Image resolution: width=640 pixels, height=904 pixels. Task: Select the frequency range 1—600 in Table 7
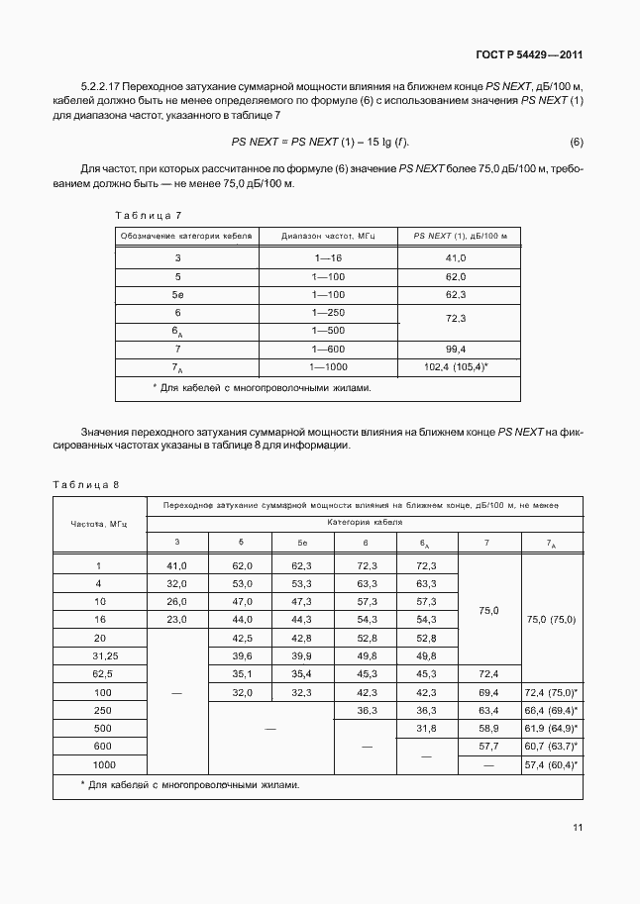coord(328,349)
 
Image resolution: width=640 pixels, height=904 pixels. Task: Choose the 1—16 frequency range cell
coord(328,257)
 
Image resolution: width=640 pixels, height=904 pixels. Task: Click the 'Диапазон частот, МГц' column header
coord(328,236)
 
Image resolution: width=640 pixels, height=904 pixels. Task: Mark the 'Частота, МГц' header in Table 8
coord(99,523)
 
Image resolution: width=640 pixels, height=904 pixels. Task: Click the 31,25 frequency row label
coord(99,655)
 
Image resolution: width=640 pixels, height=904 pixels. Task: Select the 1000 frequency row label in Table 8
coord(99,765)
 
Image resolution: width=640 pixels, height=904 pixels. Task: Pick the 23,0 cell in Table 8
coord(177,619)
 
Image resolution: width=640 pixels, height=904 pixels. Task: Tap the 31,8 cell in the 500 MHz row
coord(427,729)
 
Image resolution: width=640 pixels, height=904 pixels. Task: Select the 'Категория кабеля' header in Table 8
coord(365,521)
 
